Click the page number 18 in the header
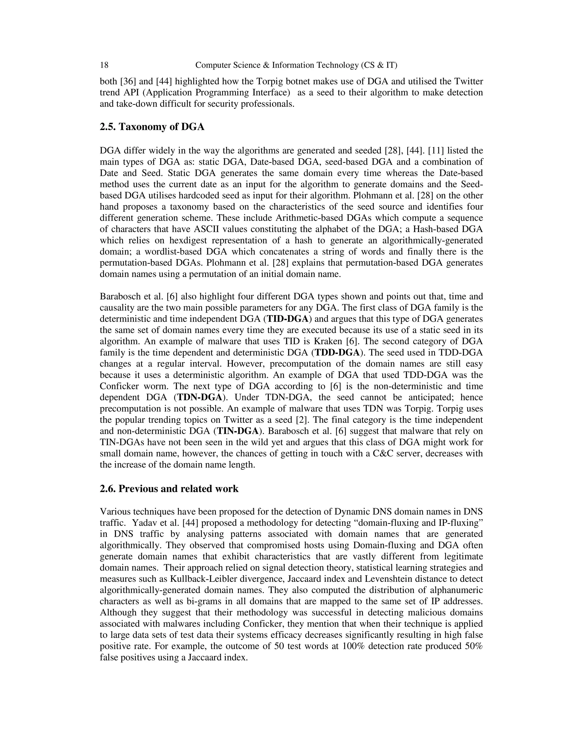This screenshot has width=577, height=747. [104, 65]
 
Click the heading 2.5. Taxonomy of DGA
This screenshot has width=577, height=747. [152, 127]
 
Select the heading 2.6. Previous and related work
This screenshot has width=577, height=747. [169, 489]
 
